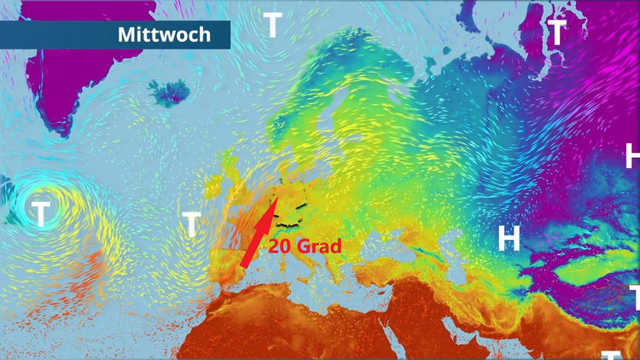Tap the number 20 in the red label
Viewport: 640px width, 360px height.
click(x=282, y=247)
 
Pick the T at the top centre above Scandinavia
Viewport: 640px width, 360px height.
click(x=272, y=26)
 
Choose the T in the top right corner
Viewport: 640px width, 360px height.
click(x=556, y=33)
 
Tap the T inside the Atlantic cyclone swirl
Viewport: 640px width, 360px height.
click(x=40, y=212)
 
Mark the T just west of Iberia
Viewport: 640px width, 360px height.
click(x=191, y=224)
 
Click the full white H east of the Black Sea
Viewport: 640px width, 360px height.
click(x=509, y=238)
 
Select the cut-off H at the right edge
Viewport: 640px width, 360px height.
click(x=632, y=156)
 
